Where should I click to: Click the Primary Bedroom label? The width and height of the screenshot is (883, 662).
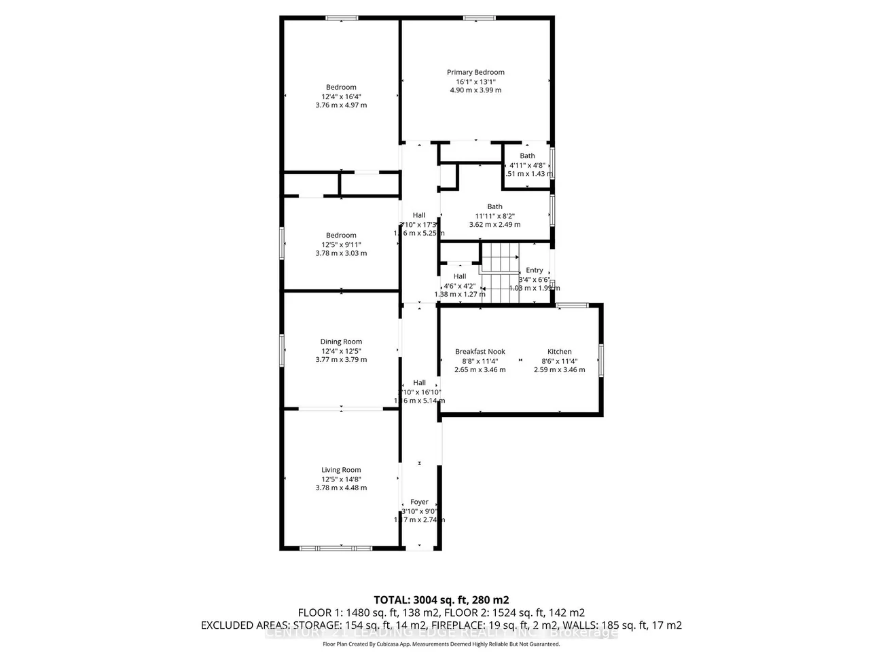click(475, 72)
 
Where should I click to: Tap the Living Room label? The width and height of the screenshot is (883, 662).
click(341, 470)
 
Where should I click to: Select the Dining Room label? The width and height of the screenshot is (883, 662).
click(341, 342)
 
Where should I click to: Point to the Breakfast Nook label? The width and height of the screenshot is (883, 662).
click(480, 352)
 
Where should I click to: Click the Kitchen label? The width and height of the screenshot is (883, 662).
click(560, 352)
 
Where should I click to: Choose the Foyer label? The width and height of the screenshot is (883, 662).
click(419, 502)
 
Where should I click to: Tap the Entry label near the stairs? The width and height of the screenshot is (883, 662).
click(535, 270)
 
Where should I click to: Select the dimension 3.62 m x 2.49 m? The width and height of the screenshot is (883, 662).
click(494, 225)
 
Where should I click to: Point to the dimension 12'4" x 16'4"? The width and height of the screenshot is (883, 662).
click(341, 96)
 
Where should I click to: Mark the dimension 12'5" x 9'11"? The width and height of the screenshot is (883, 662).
click(341, 244)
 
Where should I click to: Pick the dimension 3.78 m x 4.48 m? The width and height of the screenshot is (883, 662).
click(341, 488)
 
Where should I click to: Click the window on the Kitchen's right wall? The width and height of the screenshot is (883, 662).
click(600, 359)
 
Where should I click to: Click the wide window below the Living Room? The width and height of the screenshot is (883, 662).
click(336, 548)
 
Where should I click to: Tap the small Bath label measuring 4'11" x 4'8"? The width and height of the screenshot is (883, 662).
click(527, 155)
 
